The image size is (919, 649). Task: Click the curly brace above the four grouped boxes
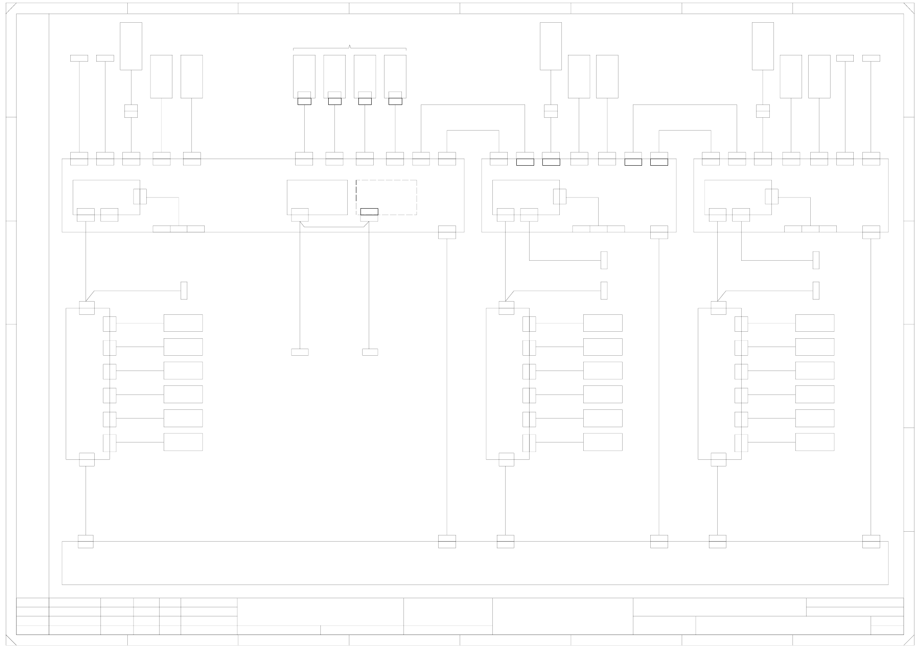[350, 48]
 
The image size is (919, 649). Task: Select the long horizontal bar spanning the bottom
[475, 563]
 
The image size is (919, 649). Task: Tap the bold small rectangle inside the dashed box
[369, 212]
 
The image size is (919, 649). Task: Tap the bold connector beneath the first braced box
[304, 101]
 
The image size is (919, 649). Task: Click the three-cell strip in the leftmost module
[179, 229]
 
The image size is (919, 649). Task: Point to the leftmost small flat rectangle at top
[79, 58]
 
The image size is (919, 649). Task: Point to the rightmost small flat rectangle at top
[871, 58]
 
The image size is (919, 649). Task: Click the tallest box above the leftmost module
[131, 46]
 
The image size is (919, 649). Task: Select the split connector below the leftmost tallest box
[131, 111]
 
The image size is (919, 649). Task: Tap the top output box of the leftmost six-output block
[183, 323]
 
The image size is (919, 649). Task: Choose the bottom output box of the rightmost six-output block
[814, 442]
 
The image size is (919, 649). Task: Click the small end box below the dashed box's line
[370, 352]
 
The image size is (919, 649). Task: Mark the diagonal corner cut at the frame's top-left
[11, 8]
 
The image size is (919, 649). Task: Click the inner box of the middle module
[526, 197]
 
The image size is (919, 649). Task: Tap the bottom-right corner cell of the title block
[887, 630]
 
